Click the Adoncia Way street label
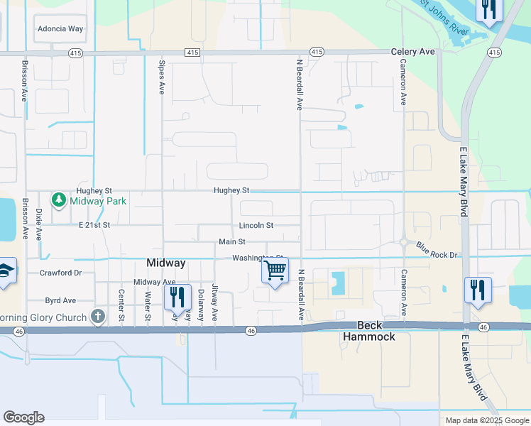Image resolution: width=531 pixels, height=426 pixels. point(60,29)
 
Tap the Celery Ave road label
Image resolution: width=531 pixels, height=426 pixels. point(412,52)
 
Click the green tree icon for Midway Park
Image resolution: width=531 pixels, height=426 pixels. point(60,201)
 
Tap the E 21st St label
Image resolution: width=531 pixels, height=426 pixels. point(94,225)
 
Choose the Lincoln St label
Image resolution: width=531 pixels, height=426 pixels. point(256,226)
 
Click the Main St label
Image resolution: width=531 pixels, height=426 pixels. point(231,242)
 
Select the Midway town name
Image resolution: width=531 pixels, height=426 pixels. point(165,263)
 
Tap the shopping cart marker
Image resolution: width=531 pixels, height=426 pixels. point(275,271)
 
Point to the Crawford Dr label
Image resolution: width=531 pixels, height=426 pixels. point(61,273)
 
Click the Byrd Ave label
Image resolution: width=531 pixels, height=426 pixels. point(60,301)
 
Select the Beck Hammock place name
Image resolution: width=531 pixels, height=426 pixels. point(369,331)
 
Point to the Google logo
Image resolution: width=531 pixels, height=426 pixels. point(23,417)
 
